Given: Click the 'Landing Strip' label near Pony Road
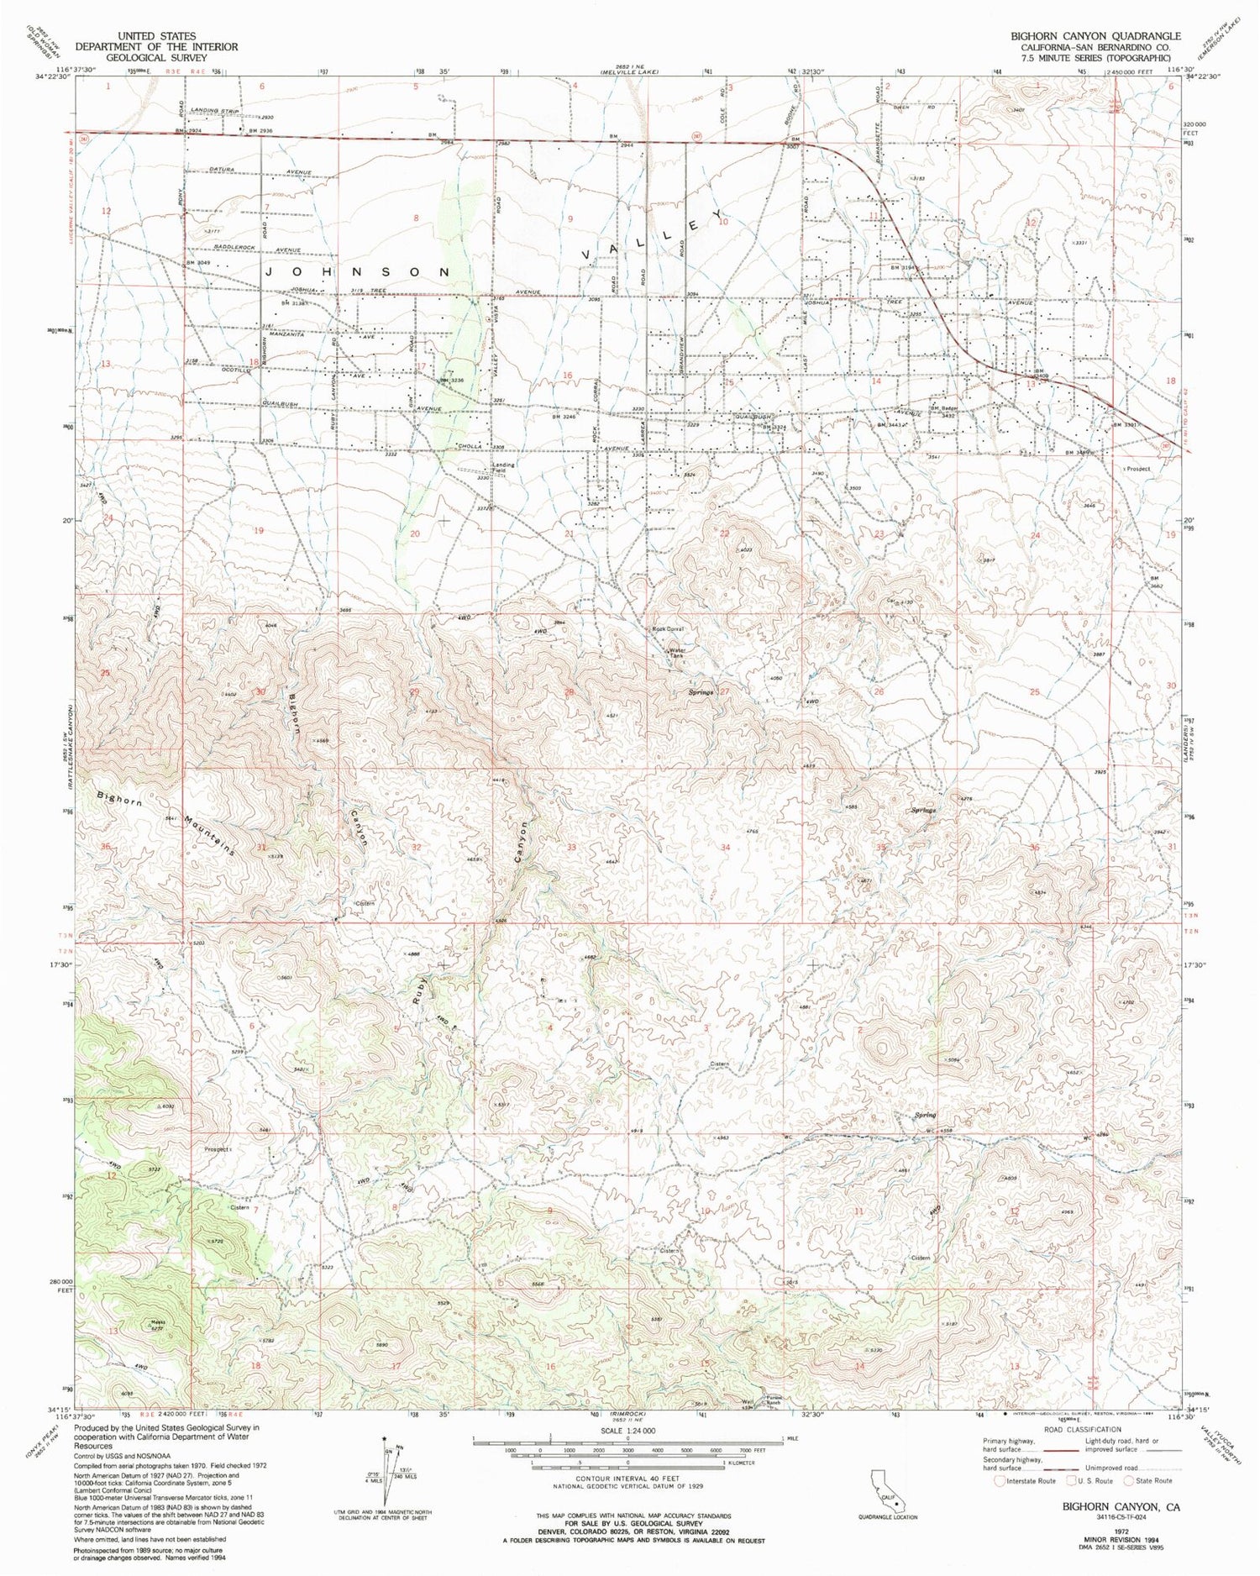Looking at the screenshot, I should click(x=216, y=112).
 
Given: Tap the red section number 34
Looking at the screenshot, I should click(x=724, y=848).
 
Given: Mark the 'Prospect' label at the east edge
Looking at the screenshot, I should click(x=1138, y=470).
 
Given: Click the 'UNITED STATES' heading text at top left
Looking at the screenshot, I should click(x=157, y=36).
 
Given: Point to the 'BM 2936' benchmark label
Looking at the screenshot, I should click(x=260, y=131).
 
